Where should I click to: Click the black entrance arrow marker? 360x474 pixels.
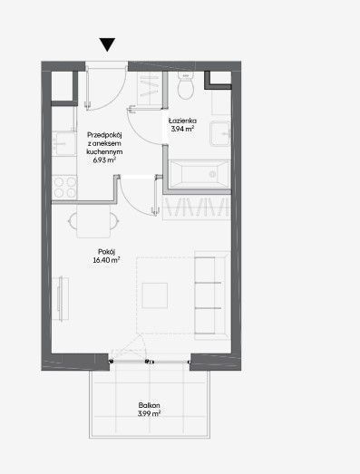pos(107,44)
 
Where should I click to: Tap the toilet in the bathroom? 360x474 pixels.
pos(185,86)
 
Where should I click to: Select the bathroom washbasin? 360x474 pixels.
pos(220,133)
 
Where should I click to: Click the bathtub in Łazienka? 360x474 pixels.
pos(199,174)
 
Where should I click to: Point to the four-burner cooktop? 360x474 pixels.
pos(64,187)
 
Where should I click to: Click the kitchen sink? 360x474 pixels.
pos(63,143)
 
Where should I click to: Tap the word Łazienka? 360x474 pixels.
pos(182,121)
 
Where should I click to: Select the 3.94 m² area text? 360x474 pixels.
pos(182,129)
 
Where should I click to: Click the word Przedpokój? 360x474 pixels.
pos(104,135)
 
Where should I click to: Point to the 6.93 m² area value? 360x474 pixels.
pos(104,160)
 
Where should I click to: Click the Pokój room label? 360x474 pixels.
pos(106,252)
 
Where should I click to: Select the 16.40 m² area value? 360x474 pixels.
pos(106,260)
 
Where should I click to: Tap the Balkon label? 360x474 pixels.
pos(149,405)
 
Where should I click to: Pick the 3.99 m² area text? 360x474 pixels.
pos(149,413)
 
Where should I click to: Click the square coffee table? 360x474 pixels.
pos(155,295)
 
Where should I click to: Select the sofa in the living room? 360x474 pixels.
pos(212,295)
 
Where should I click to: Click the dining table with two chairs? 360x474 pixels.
pos(93,221)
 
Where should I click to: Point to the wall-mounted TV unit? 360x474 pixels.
pos(61,299)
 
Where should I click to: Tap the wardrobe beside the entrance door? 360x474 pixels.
pos(148,89)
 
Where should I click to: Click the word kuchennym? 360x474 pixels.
pos(104,151)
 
